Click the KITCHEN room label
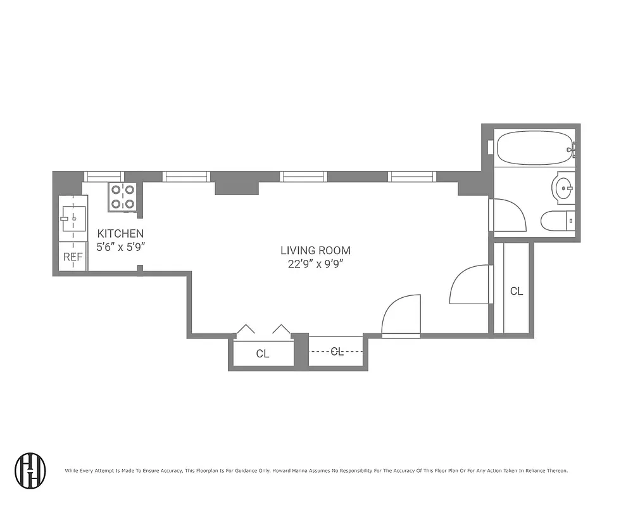click(120, 233)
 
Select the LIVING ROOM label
click(315, 250)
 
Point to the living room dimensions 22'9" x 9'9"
click(315, 265)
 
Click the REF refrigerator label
click(73, 257)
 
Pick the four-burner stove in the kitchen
click(123, 196)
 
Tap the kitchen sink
click(73, 218)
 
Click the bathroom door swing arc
click(509, 215)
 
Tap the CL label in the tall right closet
click(517, 291)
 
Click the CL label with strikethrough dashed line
click(337, 352)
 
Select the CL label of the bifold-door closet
click(263, 354)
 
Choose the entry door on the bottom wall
click(401, 315)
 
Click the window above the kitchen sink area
click(104, 176)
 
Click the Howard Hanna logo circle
click(30, 470)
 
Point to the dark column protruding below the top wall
click(237, 188)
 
